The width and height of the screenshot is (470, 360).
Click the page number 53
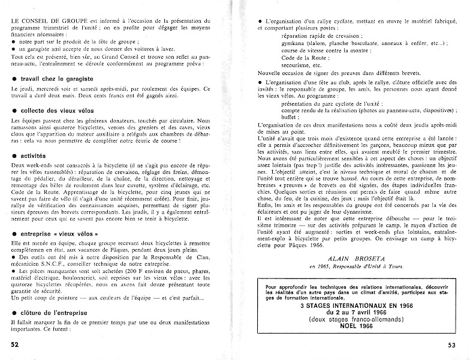point(456,344)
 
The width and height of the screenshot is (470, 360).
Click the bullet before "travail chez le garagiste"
point(14,79)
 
